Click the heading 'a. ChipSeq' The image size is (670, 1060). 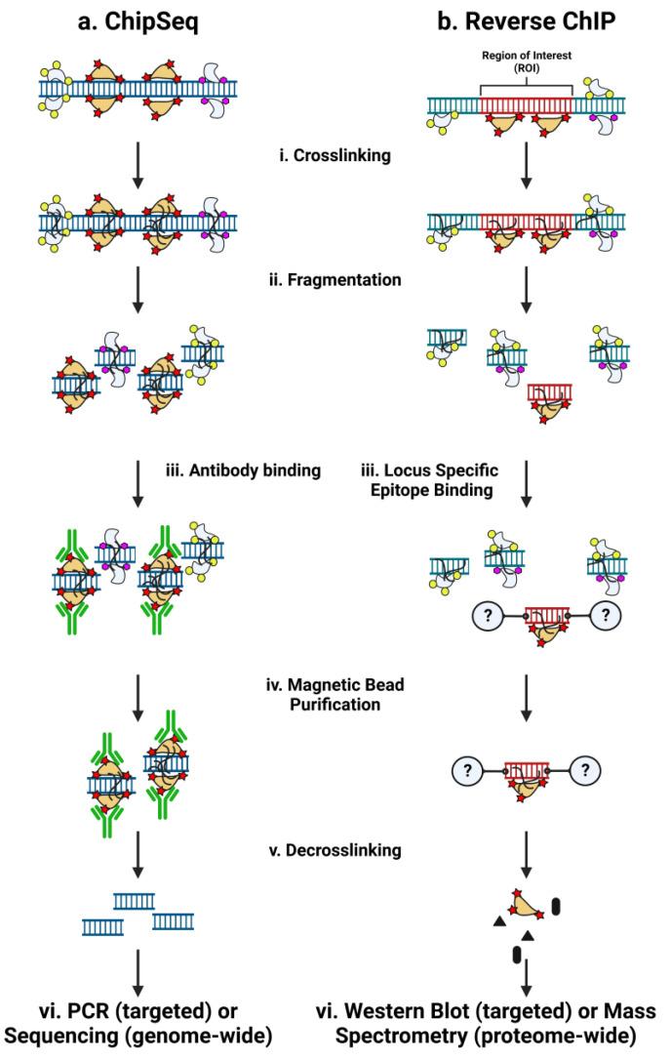click(x=138, y=20)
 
